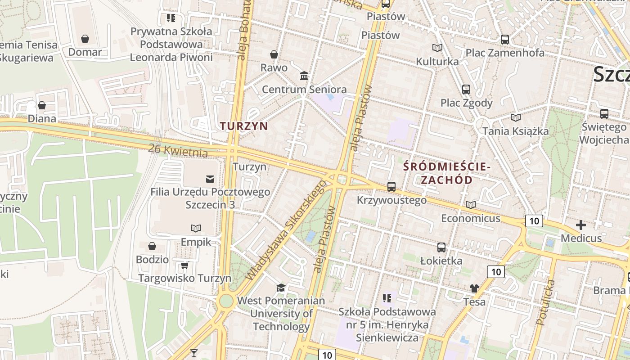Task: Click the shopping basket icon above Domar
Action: [x=85, y=39]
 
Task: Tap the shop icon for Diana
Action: [x=42, y=105]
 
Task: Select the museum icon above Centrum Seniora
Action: [x=304, y=76]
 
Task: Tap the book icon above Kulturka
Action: [x=437, y=48]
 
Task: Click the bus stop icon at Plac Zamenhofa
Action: [x=505, y=39]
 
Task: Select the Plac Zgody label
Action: [x=467, y=103]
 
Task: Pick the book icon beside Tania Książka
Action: [x=516, y=117]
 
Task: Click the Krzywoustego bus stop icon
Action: [x=391, y=186]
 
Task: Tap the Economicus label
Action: [x=471, y=218]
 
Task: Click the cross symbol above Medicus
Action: [x=581, y=225]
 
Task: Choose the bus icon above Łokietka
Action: [x=441, y=247]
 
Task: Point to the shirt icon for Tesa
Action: [x=474, y=288]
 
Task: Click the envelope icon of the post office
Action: [x=210, y=179]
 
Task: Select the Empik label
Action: [x=196, y=242]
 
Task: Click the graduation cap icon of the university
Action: [x=281, y=287]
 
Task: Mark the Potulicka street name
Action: [x=546, y=302]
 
